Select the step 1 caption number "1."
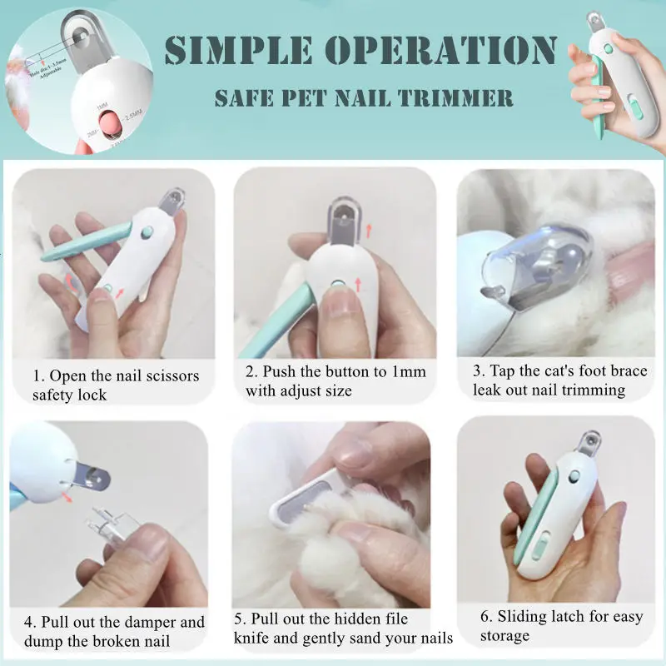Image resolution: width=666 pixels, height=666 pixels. pos(39,375)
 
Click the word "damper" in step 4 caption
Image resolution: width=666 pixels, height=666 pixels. pos(152,622)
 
